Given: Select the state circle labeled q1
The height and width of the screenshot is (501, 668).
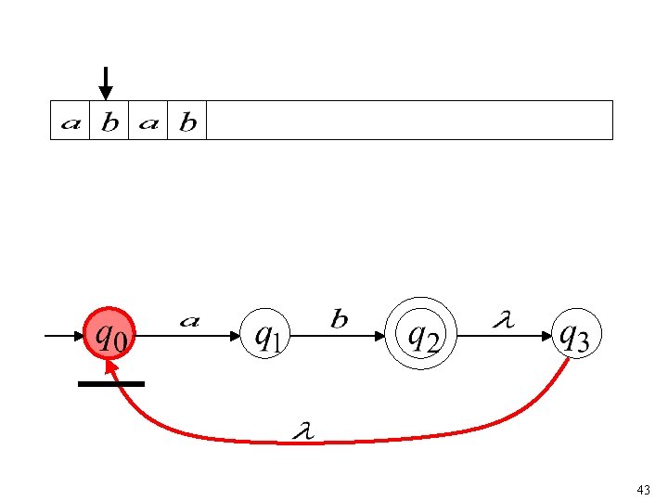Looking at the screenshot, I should (x=267, y=335).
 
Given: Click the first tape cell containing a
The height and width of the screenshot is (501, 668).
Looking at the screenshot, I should (x=71, y=121).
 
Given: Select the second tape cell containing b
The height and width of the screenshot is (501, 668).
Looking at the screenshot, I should (x=109, y=121).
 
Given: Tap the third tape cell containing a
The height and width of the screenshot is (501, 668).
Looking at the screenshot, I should (x=148, y=121).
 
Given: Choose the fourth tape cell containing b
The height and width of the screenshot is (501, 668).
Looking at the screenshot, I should (x=186, y=121).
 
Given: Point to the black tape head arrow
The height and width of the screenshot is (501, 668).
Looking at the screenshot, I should (x=107, y=83).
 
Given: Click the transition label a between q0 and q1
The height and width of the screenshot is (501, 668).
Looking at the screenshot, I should (x=188, y=320).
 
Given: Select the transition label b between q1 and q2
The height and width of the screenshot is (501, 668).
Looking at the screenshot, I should (x=340, y=320).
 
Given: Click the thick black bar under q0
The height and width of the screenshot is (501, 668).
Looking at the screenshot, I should (x=111, y=383).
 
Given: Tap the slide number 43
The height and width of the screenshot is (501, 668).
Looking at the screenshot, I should (x=644, y=489).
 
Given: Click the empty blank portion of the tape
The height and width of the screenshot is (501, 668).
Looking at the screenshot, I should (x=408, y=121).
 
